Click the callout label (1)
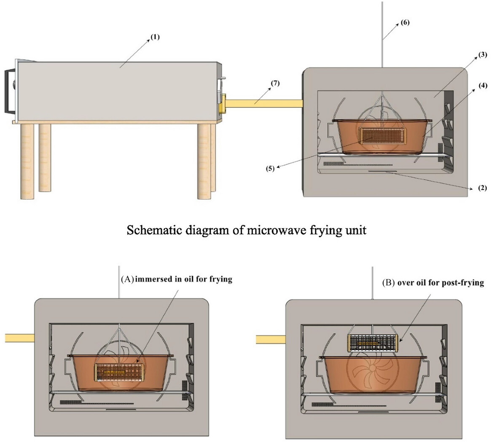155,37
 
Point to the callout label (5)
270,169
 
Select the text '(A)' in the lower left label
127,279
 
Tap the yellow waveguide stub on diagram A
19,338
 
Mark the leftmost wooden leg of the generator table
24,161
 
